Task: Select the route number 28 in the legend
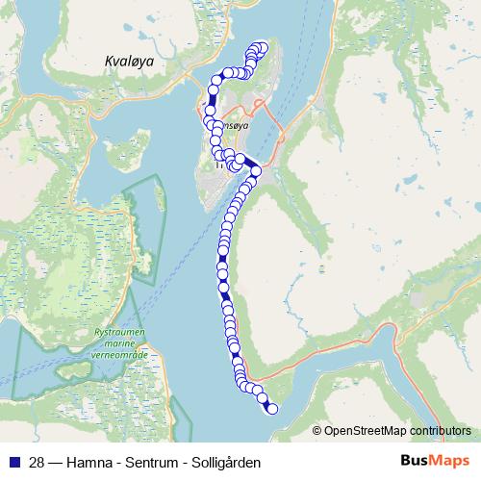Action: point(37,462)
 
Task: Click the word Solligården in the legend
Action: point(226,462)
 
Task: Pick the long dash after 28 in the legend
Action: point(55,462)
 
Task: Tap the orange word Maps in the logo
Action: point(448,461)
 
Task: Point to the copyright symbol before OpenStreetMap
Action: point(316,431)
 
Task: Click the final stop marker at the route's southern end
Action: point(272,409)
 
